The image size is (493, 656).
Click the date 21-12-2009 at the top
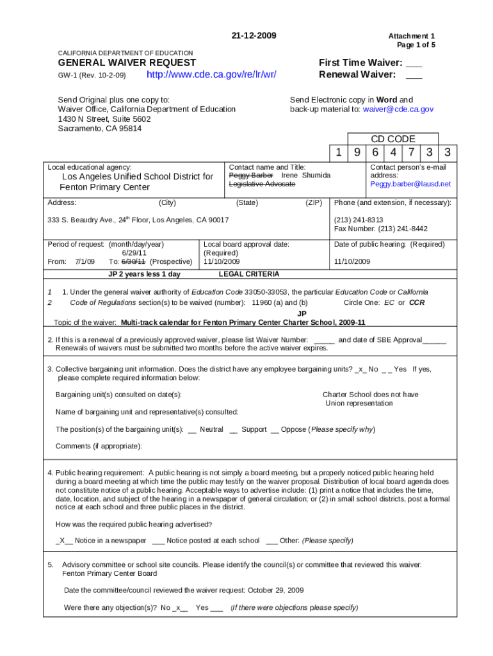click(x=254, y=35)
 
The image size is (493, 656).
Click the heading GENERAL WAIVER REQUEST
click(x=127, y=63)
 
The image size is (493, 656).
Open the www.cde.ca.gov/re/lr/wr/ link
click(x=212, y=75)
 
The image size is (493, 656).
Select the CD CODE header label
click(x=393, y=139)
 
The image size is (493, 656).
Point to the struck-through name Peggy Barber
click(x=251, y=176)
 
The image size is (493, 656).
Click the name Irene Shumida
click(x=306, y=176)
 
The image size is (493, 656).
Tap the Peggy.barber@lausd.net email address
click(x=410, y=184)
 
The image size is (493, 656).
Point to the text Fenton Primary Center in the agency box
click(x=104, y=187)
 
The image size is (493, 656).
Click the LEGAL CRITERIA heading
click(x=249, y=274)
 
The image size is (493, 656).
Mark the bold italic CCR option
click(x=417, y=302)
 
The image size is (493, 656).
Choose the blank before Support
click(x=234, y=429)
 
